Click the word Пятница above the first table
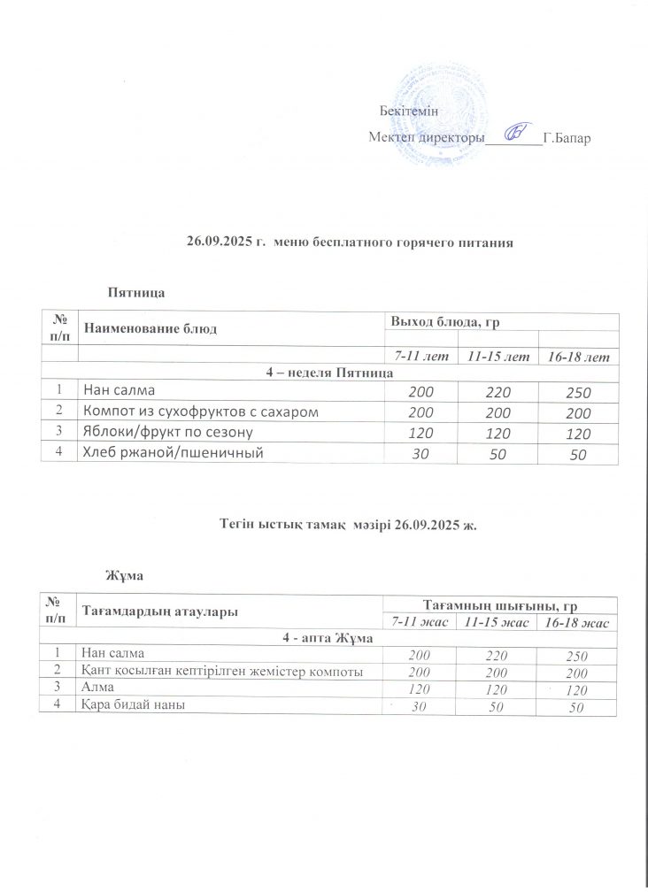[x=136, y=291]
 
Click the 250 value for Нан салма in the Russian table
[x=578, y=392]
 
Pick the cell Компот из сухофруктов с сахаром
[x=198, y=411]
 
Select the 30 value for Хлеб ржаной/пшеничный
[x=417, y=454]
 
